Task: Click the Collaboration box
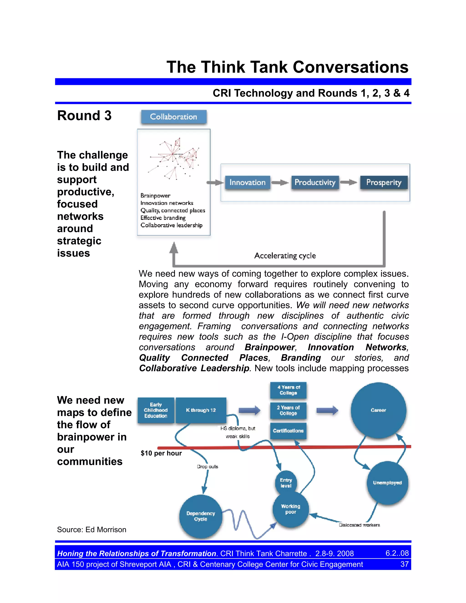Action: tap(174, 117)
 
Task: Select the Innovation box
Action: tap(247, 182)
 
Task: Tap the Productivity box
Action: tap(315, 182)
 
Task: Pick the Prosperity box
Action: tap(384, 182)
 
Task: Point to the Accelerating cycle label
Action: tap(285, 256)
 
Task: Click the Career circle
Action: tap(378, 410)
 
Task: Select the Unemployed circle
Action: tap(387, 483)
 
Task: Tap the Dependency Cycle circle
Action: tap(201, 516)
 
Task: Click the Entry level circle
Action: tap(286, 483)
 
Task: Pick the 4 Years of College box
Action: tap(288, 390)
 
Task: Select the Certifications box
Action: tap(288, 431)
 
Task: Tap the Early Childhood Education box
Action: tap(156, 410)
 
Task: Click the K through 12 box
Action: tap(201, 410)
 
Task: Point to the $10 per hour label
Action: tap(161, 453)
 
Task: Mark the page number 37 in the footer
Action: tap(404, 564)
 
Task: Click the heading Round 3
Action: tap(84, 115)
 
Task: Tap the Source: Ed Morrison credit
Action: tap(92, 530)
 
